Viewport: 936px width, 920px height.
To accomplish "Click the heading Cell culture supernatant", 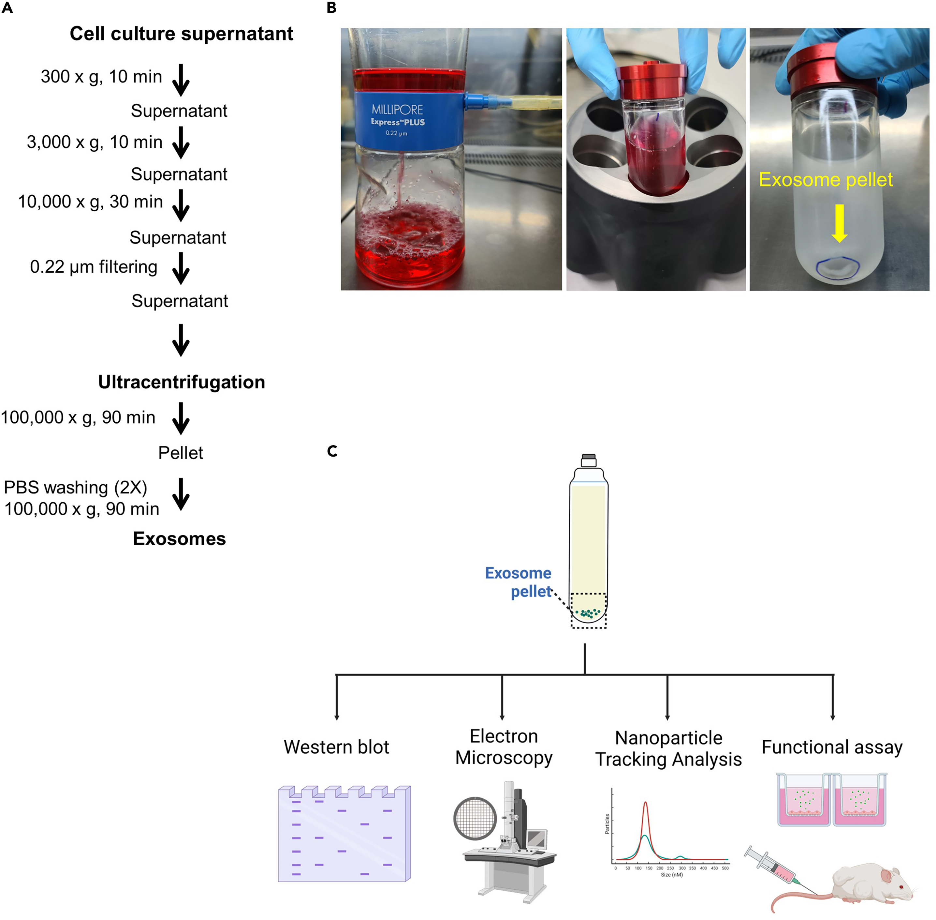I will point(181,34).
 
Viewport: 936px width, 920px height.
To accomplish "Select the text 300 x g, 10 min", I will point(101,76).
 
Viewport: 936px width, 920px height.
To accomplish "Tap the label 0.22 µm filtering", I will point(94,267).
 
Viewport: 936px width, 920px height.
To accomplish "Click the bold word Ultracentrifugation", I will point(181,382).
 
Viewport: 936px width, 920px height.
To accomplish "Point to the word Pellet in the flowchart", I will point(181,453).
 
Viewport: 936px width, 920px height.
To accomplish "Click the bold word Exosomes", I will point(179,538).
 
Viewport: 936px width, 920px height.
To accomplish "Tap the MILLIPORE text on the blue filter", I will point(397,110).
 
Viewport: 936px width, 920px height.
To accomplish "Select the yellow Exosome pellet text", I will point(826,180).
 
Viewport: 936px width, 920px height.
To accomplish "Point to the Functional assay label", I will point(832,747).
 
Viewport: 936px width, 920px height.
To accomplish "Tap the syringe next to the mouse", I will point(773,867).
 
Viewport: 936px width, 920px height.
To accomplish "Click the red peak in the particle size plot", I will point(645,805).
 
